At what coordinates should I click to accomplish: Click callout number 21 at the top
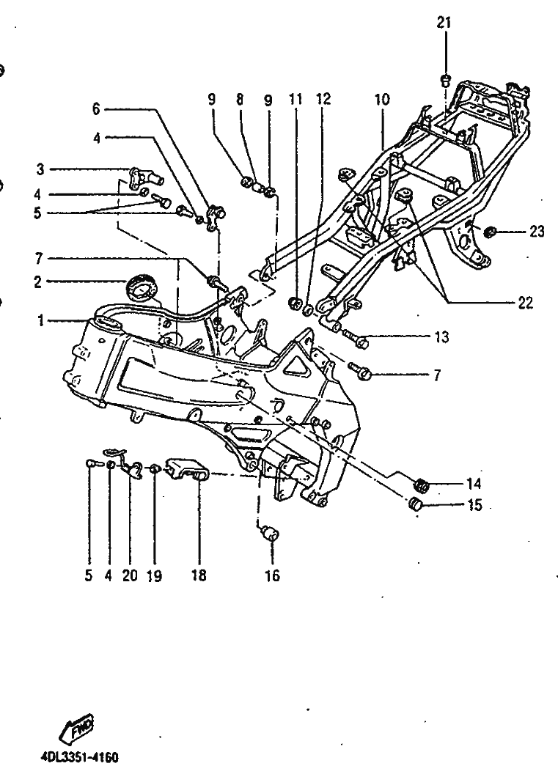444,23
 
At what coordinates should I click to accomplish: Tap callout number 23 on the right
537,231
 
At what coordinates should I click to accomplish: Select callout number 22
525,303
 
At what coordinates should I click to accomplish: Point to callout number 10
382,100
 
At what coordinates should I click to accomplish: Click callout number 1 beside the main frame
41,320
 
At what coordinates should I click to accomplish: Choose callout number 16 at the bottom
272,575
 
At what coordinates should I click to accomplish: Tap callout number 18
199,575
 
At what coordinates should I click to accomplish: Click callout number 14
474,484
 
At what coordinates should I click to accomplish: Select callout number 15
474,504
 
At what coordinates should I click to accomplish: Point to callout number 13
441,337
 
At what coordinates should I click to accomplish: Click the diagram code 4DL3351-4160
78,757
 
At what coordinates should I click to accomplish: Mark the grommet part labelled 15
416,504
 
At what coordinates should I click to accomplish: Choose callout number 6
96,109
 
